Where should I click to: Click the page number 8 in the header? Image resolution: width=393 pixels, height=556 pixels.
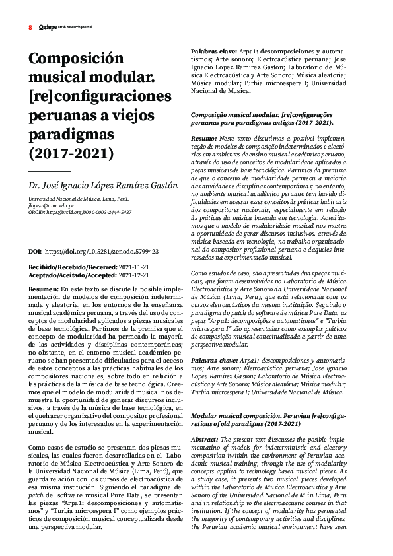click(x=30, y=28)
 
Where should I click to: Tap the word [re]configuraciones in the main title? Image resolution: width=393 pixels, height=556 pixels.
click(x=100, y=96)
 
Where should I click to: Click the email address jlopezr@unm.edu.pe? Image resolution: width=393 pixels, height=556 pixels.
click(x=52, y=205)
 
